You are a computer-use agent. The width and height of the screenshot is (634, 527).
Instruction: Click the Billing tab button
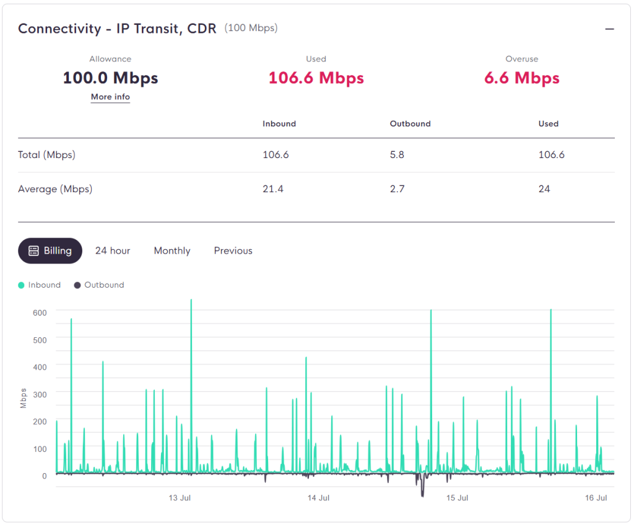tap(50, 250)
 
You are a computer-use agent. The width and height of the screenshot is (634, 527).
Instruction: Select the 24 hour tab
tap(113, 250)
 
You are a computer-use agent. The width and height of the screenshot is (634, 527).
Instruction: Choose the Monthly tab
tap(172, 251)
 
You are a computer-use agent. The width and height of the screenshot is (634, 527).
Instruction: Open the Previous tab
tap(233, 250)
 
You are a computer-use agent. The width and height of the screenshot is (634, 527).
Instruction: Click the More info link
tap(110, 97)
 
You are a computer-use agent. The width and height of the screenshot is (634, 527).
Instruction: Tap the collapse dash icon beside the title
tap(610, 29)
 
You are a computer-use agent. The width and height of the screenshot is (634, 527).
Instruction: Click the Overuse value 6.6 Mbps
tap(522, 77)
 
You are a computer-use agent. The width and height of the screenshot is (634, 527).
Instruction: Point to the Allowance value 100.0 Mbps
tap(110, 77)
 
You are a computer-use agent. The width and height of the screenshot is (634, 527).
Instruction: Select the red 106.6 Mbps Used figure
tap(316, 77)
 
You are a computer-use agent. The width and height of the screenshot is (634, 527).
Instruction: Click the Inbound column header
tap(279, 124)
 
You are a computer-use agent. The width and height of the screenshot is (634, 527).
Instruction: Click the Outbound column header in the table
tap(410, 124)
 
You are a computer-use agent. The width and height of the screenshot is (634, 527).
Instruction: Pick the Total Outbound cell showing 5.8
tap(397, 154)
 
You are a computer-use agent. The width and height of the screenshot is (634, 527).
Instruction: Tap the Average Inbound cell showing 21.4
tap(273, 189)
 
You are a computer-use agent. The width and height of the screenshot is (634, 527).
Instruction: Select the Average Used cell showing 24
tap(544, 189)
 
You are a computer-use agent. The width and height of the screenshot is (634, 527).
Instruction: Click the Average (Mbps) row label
tap(55, 189)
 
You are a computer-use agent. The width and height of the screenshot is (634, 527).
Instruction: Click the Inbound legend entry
tap(40, 285)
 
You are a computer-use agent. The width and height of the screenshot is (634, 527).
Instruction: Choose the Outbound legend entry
tap(99, 285)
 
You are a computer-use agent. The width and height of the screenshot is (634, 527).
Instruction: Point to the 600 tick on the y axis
tap(40, 313)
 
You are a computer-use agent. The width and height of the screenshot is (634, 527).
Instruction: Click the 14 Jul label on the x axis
tap(318, 498)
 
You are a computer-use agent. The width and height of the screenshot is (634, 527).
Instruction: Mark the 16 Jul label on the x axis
tap(596, 498)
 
